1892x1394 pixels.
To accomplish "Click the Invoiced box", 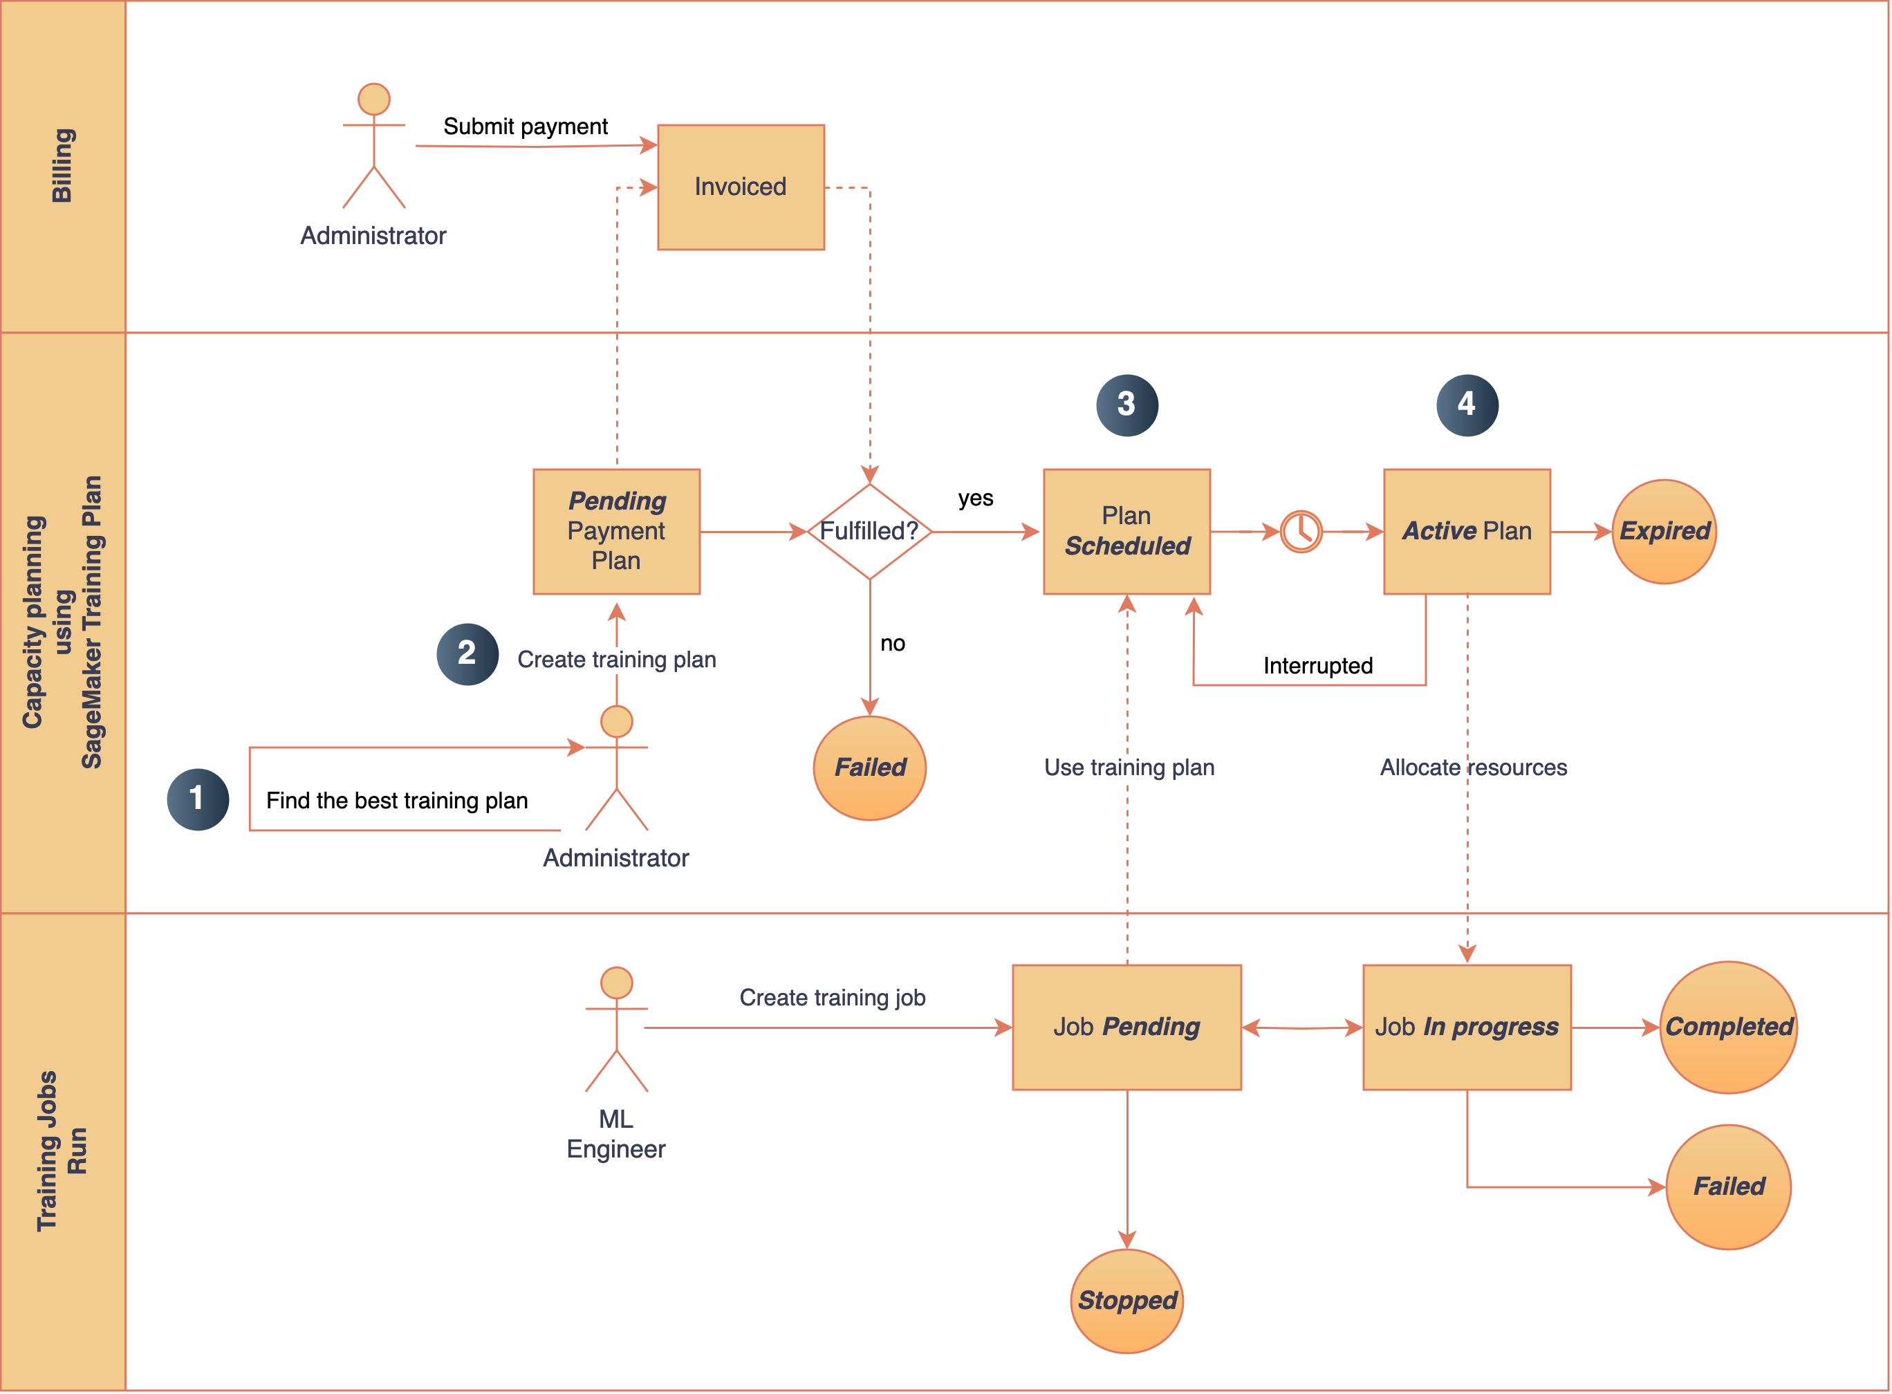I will click(x=740, y=187).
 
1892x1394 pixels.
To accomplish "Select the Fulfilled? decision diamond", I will click(x=869, y=531).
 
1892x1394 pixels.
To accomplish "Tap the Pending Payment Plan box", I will click(x=616, y=531).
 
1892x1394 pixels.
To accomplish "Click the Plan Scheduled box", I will click(x=1126, y=531).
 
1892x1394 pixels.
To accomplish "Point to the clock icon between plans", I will click(x=1301, y=532).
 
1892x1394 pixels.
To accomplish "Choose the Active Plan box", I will click(x=1467, y=531).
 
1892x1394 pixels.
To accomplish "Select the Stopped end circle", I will click(x=1126, y=1301).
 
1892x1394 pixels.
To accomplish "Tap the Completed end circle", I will click(x=1727, y=1027).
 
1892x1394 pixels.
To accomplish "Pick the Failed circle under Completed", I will click(x=1727, y=1187).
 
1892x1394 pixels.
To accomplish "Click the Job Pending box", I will click(x=1126, y=1027).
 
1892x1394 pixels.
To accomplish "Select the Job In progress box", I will click(x=1467, y=1027).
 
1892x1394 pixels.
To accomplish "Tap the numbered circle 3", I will click(x=1126, y=405).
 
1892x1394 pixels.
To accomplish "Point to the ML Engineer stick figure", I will click(x=616, y=1030).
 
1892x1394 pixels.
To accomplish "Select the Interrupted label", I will click(x=1317, y=666).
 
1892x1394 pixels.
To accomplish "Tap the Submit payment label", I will click(x=525, y=127).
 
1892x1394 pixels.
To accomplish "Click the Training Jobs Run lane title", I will click(x=62, y=1151).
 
